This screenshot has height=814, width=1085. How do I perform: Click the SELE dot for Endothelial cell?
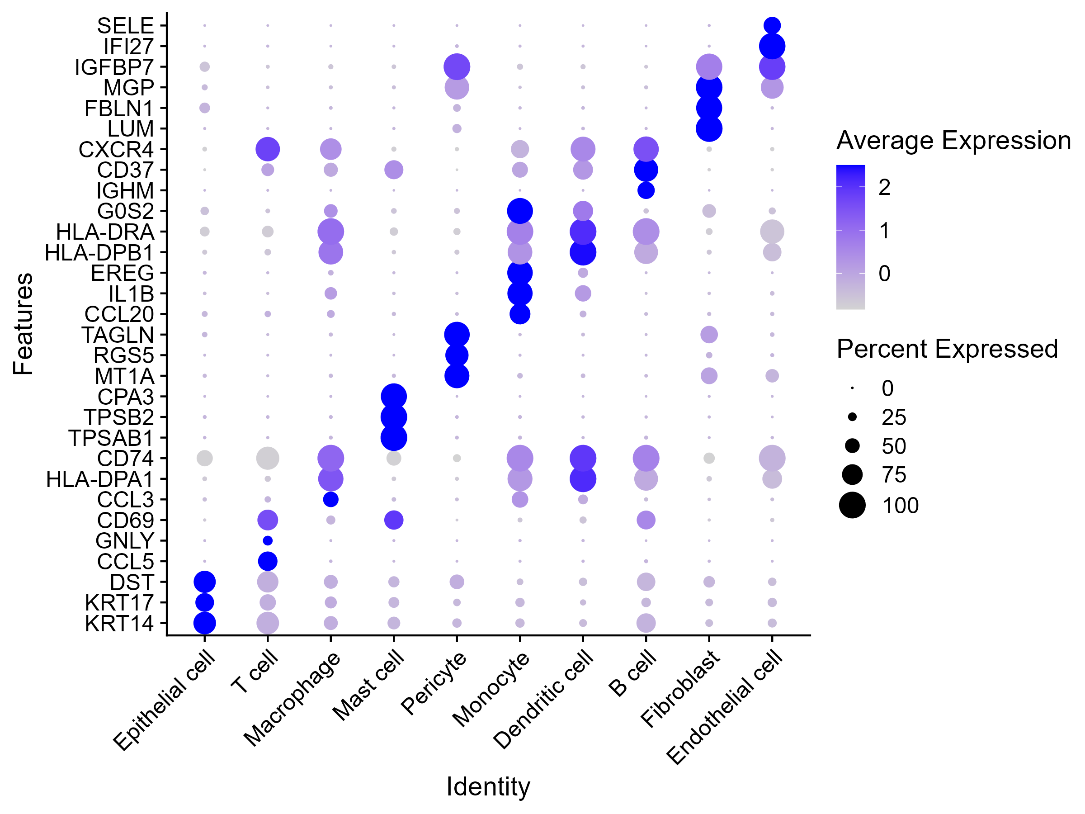click(772, 25)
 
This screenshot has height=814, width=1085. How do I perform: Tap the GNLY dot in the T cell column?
click(267, 540)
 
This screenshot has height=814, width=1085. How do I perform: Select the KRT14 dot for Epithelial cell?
click(204, 623)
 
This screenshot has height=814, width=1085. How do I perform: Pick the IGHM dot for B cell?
click(646, 190)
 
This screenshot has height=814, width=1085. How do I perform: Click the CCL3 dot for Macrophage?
click(330, 500)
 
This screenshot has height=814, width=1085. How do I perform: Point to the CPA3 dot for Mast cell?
click(393, 396)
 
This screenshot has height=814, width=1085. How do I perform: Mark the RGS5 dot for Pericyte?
click(457, 355)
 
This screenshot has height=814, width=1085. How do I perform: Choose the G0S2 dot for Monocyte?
click(520, 211)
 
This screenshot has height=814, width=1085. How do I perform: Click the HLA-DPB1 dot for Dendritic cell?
click(583, 252)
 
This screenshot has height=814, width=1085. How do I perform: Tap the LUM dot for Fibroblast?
click(709, 128)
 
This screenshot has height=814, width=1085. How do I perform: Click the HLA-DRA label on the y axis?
click(105, 232)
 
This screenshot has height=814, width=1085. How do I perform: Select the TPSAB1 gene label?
click(111, 438)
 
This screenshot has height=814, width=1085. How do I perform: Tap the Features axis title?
click(23, 324)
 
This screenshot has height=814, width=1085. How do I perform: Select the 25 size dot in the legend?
click(852, 417)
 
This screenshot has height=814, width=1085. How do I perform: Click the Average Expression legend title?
click(953, 141)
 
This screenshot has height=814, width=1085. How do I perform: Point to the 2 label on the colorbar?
click(884, 187)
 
